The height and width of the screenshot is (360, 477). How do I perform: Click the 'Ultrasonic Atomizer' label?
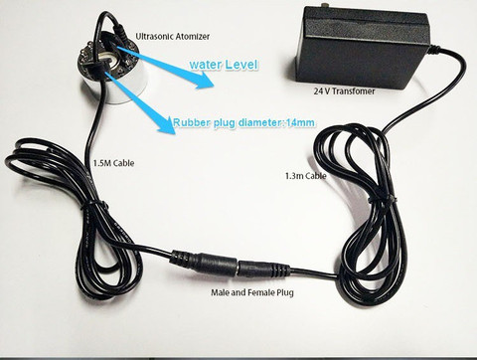coord(173,36)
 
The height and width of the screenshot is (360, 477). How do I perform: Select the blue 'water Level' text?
coord(224,65)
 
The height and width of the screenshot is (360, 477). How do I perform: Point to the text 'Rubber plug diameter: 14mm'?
coord(243,122)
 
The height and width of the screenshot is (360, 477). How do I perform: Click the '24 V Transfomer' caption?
coord(344,91)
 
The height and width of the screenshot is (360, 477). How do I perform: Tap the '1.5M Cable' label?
coord(114,163)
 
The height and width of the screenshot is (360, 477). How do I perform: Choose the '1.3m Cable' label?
coord(305,176)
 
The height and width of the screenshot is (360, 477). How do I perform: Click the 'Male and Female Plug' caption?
coord(252,292)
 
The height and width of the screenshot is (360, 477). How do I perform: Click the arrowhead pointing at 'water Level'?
coord(205,82)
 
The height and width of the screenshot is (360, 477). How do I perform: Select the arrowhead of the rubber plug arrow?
coord(166,125)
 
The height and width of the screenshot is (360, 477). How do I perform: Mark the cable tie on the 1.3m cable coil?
coord(380,199)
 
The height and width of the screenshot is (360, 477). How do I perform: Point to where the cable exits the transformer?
coord(433,51)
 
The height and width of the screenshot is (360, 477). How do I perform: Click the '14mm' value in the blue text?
coord(300,122)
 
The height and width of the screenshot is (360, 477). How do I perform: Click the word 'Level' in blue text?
coord(240,65)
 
